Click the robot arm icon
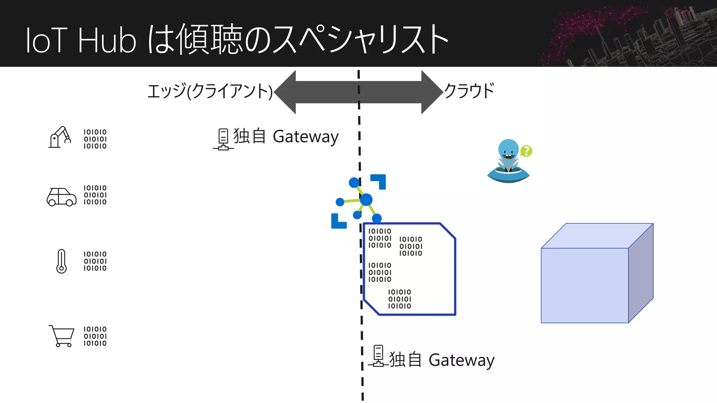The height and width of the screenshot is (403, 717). tap(60, 137)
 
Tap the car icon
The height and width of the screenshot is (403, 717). tap(62, 197)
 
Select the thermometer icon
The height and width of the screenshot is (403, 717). tap(62, 261)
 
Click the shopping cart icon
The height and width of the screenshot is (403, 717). tap(62, 336)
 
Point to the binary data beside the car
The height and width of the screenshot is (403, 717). tap(95, 195)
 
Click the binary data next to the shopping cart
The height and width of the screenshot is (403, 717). tap(95, 336)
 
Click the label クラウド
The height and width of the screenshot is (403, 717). tap(469, 91)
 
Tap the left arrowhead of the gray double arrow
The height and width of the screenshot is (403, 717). tap(285, 92)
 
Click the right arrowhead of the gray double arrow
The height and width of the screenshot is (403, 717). tap(431, 92)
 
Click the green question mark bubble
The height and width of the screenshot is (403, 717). tap(526, 151)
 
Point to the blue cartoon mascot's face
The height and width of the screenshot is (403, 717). tap(508, 150)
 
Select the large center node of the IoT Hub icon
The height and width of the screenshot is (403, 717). tap(366, 200)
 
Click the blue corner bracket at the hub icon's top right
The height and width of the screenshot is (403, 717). tap(380, 180)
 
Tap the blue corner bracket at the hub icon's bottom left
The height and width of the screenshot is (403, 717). tap(337, 222)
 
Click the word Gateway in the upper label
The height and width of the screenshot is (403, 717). tap(305, 137)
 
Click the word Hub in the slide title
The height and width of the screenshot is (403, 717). tap(107, 41)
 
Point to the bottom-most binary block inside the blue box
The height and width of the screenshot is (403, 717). tap(399, 299)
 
